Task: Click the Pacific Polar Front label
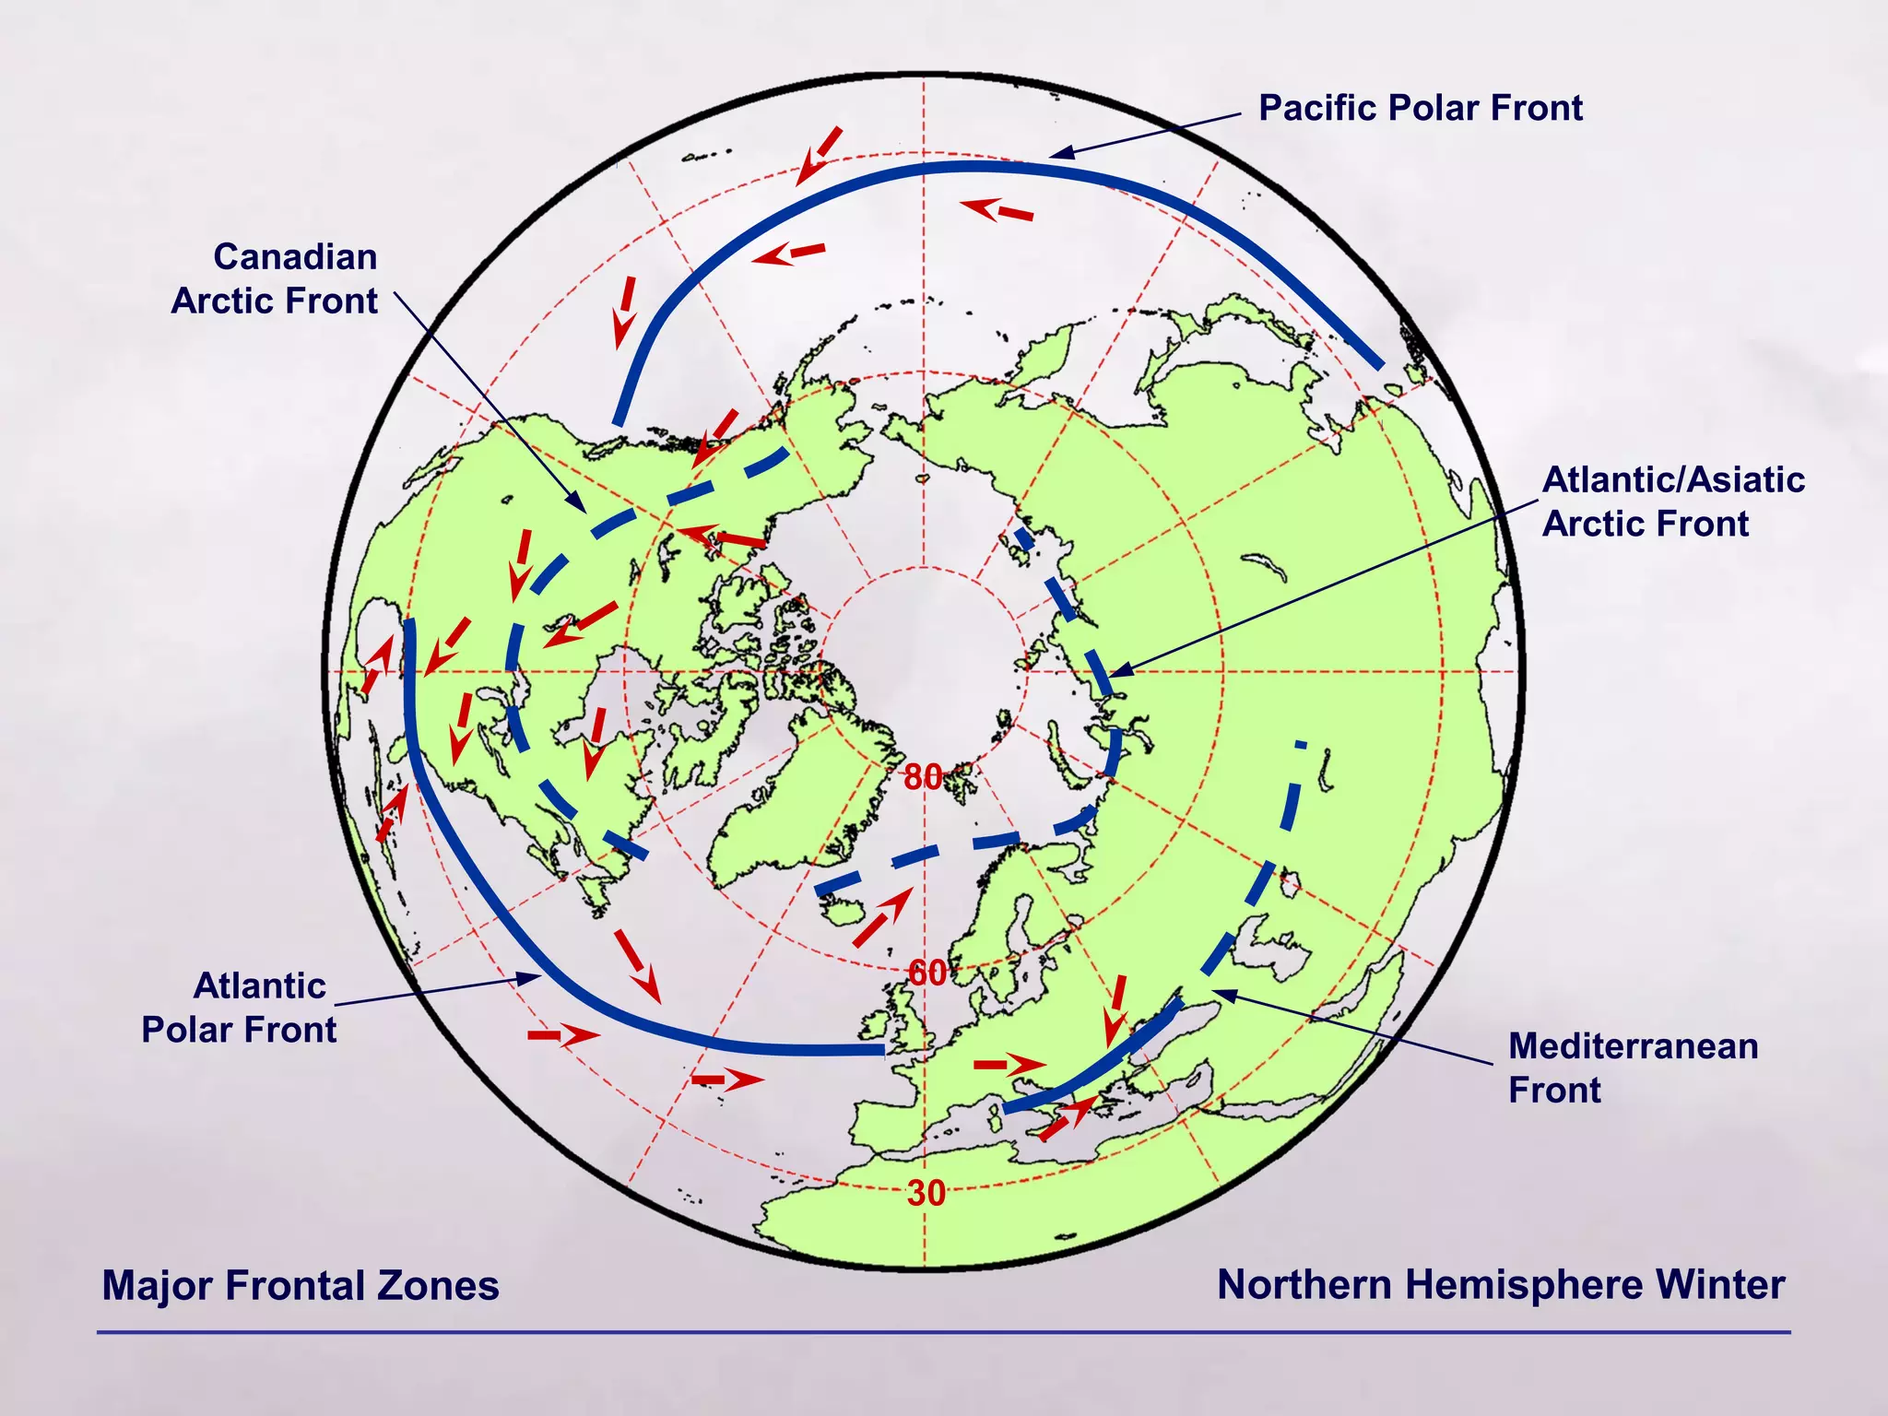1420,109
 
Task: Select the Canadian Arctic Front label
275,278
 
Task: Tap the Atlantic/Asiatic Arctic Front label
1672,501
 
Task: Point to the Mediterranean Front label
1632,1068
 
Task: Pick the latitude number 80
923,777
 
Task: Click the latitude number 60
926,973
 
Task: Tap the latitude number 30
926,1193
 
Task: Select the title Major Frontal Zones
301,1285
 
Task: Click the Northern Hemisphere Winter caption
1500,1284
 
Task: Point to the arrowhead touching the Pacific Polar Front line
1062,153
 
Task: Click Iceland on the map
844,912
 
